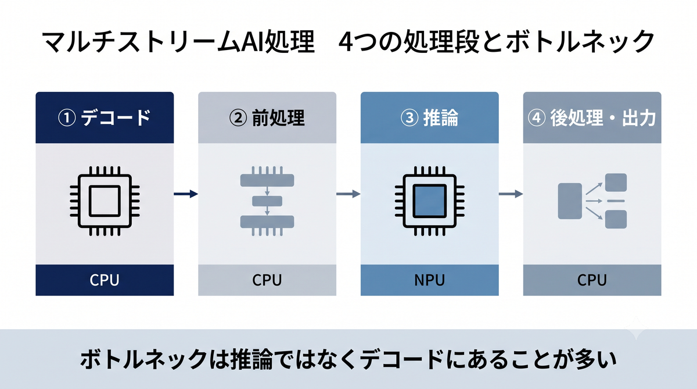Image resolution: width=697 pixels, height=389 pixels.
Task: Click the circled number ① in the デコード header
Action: (x=67, y=118)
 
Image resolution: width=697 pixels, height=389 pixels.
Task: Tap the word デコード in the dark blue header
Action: (x=116, y=118)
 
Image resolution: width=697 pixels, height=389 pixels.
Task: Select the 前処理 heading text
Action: (x=278, y=118)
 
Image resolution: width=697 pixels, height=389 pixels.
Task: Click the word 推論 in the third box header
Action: (x=441, y=118)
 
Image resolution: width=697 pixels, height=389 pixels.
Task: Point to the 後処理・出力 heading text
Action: (x=603, y=118)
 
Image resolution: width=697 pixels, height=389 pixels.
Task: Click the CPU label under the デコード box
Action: (x=105, y=280)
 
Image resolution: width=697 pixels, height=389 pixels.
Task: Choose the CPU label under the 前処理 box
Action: (x=267, y=280)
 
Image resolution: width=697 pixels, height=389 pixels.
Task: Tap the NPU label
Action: (x=429, y=280)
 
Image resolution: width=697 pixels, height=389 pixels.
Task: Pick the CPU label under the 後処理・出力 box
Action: (x=592, y=280)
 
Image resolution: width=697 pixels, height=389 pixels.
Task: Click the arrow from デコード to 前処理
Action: (x=186, y=194)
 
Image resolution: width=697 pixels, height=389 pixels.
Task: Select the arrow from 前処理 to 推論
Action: (x=348, y=194)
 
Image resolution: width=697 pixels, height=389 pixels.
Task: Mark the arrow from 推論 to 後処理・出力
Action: (x=511, y=194)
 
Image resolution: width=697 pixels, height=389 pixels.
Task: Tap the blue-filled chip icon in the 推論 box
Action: (x=429, y=201)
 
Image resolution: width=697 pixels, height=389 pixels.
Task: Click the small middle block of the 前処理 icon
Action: (x=267, y=201)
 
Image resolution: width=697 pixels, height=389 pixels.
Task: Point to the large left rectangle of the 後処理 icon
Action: (x=570, y=201)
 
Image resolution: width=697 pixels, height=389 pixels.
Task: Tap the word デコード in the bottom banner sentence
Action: (x=401, y=359)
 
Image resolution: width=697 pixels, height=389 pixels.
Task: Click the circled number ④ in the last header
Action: (x=537, y=118)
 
